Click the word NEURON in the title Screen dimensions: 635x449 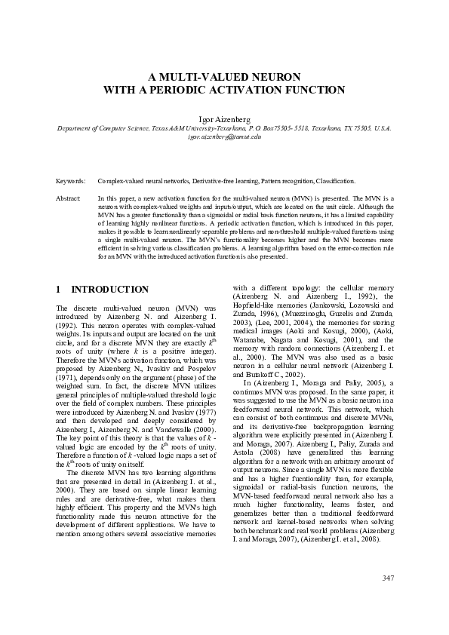(273, 77)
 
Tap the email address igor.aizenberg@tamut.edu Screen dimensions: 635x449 (224, 137)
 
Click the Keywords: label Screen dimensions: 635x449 (71, 182)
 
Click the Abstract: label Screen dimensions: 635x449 (69, 198)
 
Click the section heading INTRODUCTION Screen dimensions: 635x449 (109, 290)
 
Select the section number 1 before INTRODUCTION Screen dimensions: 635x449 (59, 290)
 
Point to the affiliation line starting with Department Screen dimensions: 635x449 (224, 129)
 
